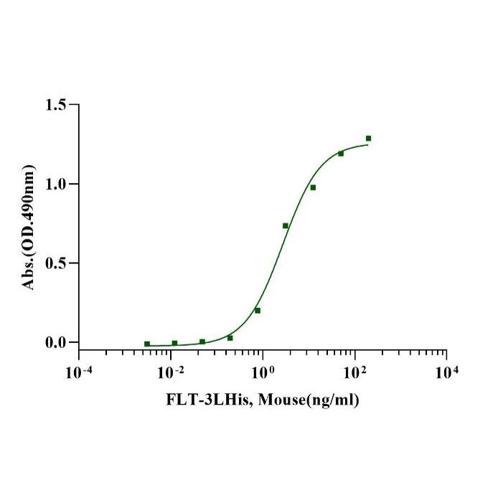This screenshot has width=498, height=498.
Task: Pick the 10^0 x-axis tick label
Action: pos(263,372)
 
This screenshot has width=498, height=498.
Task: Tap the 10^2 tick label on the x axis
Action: pos(354,372)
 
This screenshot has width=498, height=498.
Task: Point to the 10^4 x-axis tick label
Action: pos(447,372)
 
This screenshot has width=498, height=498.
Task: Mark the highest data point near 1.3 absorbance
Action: pos(368,138)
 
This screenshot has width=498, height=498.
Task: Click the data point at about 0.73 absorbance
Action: pos(286,226)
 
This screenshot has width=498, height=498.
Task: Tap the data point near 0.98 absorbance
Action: pos(313,187)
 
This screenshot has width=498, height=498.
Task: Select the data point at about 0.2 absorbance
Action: pos(258,311)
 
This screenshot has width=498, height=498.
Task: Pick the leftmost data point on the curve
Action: pos(147,344)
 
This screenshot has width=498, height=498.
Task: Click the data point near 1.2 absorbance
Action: pos(341,154)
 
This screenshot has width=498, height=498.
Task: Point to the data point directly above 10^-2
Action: pos(174,343)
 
